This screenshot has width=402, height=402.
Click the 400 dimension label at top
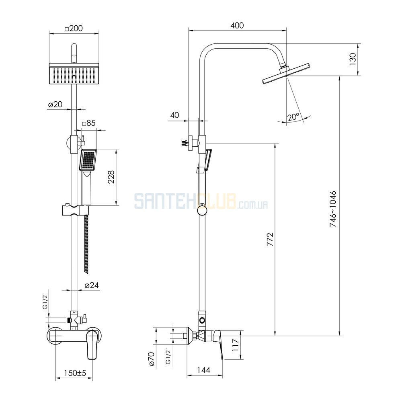(x=237, y=26)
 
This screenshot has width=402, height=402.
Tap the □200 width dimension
(x=74, y=28)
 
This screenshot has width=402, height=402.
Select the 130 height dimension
(x=353, y=59)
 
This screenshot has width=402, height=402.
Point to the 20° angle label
(x=293, y=117)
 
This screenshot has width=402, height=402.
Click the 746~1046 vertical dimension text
(x=332, y=209)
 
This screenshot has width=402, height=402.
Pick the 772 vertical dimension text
(x=270, y=239)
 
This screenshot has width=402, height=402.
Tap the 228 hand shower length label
(x=111, y=177)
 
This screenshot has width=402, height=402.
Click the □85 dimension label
(x=89, y=123)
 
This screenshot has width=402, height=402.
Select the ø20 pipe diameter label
(x=55, y=105)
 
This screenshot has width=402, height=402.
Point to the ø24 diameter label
(x=92, y=285)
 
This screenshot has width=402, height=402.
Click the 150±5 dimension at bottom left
(x=75, y=373)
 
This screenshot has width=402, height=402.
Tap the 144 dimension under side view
(x=204, y=370)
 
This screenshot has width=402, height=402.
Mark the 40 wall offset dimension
(x=174, y=115)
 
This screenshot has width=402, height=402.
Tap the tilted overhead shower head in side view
(x=286, y=73)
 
